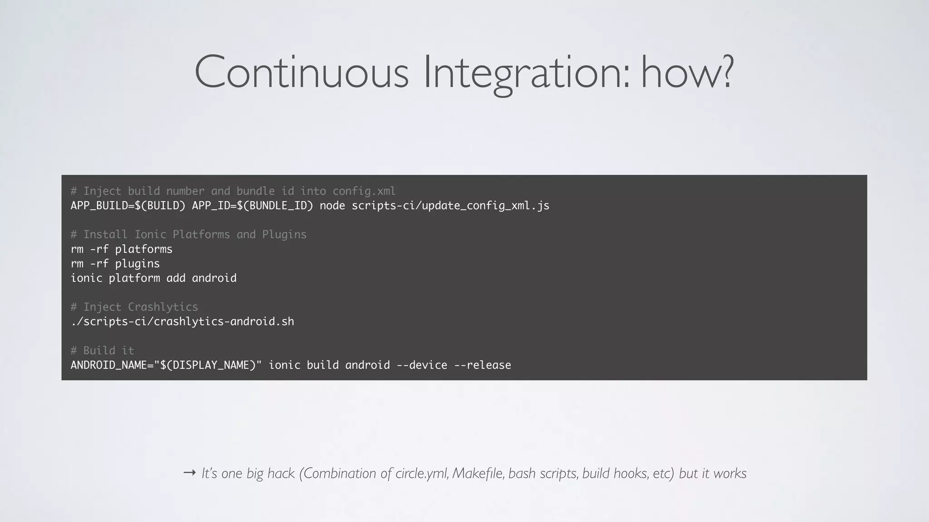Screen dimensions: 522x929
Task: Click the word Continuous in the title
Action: pyautogui.click(x=302, y=72)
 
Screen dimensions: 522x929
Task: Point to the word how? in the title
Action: pyautogui.click(x=687, y=72)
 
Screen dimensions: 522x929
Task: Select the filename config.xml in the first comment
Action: pyautogui.click(x=364, y=191)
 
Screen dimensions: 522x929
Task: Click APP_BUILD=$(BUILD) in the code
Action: pyautogui.click(x=128, y=206)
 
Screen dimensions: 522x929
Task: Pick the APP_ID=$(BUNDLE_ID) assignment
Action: pyautogui.click(x=252, y=206)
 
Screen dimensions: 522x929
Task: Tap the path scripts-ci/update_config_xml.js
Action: pyautogui.click(x=450, y=206)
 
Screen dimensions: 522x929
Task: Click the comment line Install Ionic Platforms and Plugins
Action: pyautogui.click(x=189, y=235)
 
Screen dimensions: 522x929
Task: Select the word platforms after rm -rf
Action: pyautogui.click(x=144, y=249)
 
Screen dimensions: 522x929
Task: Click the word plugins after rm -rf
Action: pyautogui.click(x=137, y=264)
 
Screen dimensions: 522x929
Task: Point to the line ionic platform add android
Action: pyautogui.click(x=153, y=278)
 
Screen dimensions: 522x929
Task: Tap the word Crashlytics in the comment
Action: pyautogui.click(x=163, y=307)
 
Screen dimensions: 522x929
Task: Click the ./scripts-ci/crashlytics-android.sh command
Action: pyautogui.click(x=182, y=322)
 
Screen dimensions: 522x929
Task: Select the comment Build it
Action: pyautogui.click(x=103, y=351)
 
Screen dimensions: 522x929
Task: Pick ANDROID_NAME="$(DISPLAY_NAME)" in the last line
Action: pyautogui.click(x=166, y=365)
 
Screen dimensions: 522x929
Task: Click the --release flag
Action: pyautogui.click(x=483, y=365)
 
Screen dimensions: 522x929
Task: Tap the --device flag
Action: pyautogui.click(x=422, y=365)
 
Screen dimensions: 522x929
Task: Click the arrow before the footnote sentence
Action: pyautogui.click(x=189, y=473)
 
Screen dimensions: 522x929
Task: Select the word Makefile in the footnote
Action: pyautogui.click(x=478, y=473)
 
